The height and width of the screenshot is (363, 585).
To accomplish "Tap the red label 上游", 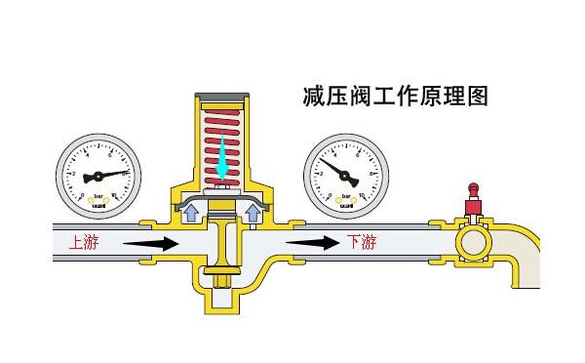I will point(84,242).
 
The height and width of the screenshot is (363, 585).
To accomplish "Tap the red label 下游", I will point(361,242).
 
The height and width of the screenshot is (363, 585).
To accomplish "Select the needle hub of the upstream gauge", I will point(97,178).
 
